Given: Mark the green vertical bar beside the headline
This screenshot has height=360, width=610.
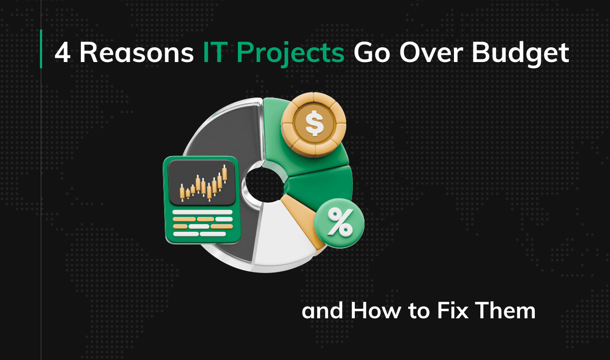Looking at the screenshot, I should pyautogui.click(x=41, y=49).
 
